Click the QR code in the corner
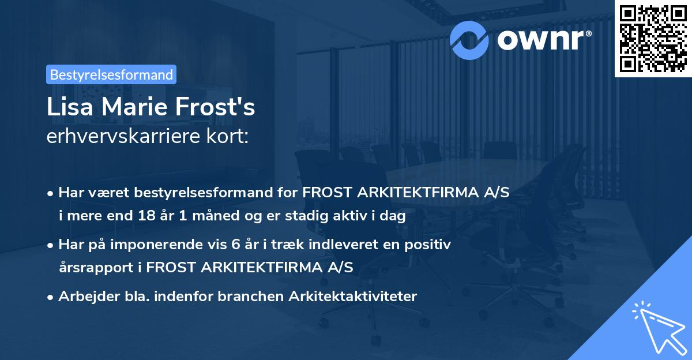click(653, 38)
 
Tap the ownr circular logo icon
click(469, 39)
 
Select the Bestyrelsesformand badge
click(111, 74)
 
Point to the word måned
click(185, 216)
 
